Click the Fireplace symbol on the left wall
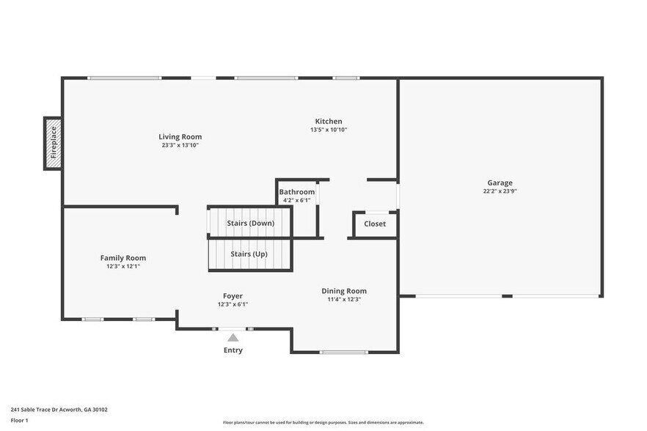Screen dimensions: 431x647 [x=53, y=143]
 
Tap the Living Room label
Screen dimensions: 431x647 [x=180, y=137]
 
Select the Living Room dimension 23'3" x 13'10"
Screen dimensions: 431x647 [x=180, y=145]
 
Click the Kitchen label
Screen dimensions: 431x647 [x=329, y=122]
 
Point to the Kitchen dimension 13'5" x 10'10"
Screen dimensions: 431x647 [x=329, y=130]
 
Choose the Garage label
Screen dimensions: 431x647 [x=500, y=183]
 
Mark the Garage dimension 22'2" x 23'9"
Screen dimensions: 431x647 [x=500, y=191]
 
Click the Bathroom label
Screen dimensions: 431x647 [x=297, y=192]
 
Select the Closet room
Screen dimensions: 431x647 [x=375, y=224]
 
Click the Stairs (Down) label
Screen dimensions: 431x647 [x=251, y=223]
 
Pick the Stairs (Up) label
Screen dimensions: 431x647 [x=249, y=254]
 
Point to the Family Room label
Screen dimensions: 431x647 [x=123, y=258]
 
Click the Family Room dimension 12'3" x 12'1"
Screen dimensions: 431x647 [x=123, y=266]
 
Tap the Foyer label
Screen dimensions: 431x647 [x=233, y=296]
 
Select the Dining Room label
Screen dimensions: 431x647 [x=344, y=291]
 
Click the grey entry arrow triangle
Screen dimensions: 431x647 [x=233, y=338]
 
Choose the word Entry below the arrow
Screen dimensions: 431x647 [x=233, y=350]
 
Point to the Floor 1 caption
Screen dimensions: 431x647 [x=19, y=420]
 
